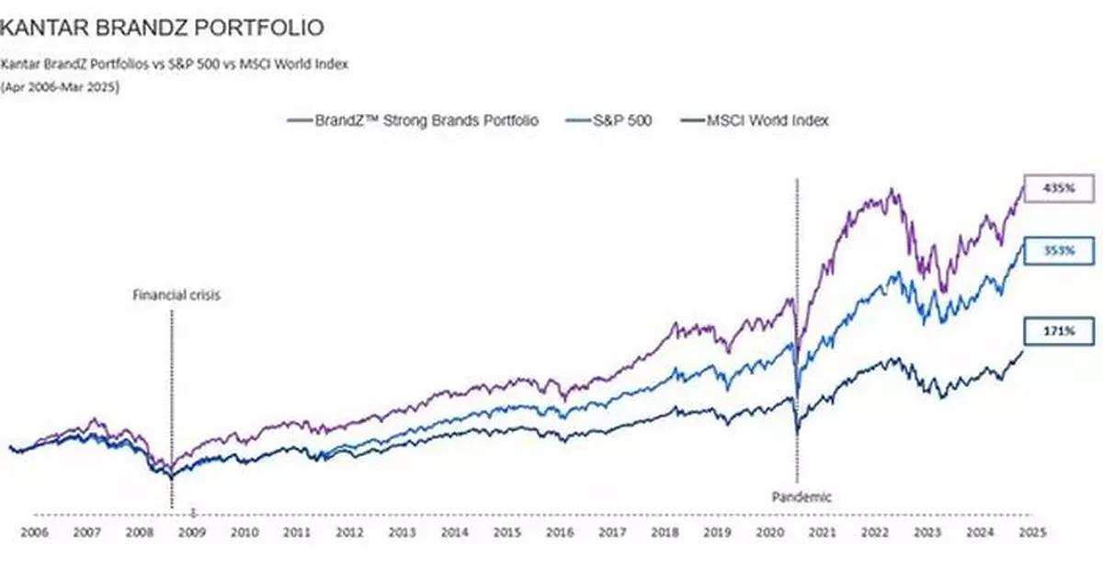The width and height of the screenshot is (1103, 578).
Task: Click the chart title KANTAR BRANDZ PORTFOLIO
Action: [x=162, y=28]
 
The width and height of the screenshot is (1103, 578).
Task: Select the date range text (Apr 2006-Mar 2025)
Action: [x=60, y=87]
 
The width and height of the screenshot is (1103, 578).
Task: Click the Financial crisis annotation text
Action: [x=176, y=296]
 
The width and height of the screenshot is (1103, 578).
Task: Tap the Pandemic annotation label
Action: [x=801, y=497]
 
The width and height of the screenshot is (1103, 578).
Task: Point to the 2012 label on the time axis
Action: [x=348, y=532]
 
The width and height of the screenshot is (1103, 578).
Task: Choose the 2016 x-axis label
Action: [x=559, y=532]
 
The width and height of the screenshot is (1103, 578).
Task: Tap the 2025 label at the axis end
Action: [x=1030, y=532]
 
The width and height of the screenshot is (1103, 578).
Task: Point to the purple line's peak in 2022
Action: [x=890, y=190]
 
